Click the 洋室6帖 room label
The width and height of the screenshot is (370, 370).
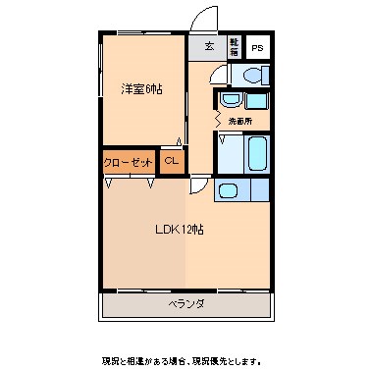click(x=143, y=88)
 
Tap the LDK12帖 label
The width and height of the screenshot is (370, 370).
click(x=178, y=230)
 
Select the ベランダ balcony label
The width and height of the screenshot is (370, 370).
click(x=185, y=304)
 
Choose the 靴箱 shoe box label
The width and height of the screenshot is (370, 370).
click(x=234, y=46)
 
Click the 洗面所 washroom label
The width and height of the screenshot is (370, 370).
click(x=240, y=120)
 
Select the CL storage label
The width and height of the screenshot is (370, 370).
click(x=171, y=161)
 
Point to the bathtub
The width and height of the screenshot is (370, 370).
click(x=258, y=154)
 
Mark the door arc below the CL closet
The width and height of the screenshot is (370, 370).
click(x=198, y=185)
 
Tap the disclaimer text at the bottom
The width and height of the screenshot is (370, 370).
click(x=185, y=358)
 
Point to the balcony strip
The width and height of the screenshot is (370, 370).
click(x=185, y=304)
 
